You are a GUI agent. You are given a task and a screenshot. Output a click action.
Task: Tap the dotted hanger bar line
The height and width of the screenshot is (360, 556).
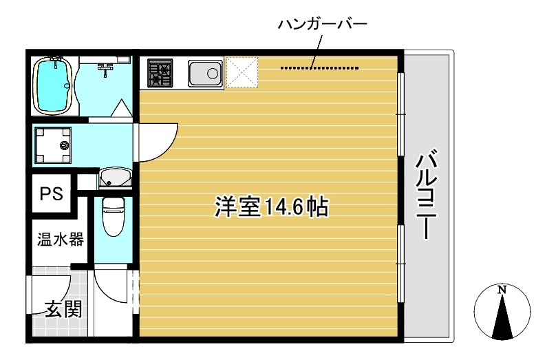coord(320,68)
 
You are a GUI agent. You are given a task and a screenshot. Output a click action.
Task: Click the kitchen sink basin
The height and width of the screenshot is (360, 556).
coord(204,72)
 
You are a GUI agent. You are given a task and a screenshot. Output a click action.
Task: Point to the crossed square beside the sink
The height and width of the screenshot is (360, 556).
coord(242,72)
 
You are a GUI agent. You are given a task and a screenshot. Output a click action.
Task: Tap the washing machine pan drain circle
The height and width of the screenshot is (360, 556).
coord(65,145)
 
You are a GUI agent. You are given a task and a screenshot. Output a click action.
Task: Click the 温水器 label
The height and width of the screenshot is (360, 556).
coord(61,240)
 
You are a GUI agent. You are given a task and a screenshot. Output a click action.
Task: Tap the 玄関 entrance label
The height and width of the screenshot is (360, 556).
coord(63,309)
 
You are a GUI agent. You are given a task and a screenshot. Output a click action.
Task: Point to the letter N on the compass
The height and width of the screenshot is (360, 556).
coord(502,290)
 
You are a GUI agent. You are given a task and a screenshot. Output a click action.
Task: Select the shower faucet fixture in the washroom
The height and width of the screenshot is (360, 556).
coord(107,67)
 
